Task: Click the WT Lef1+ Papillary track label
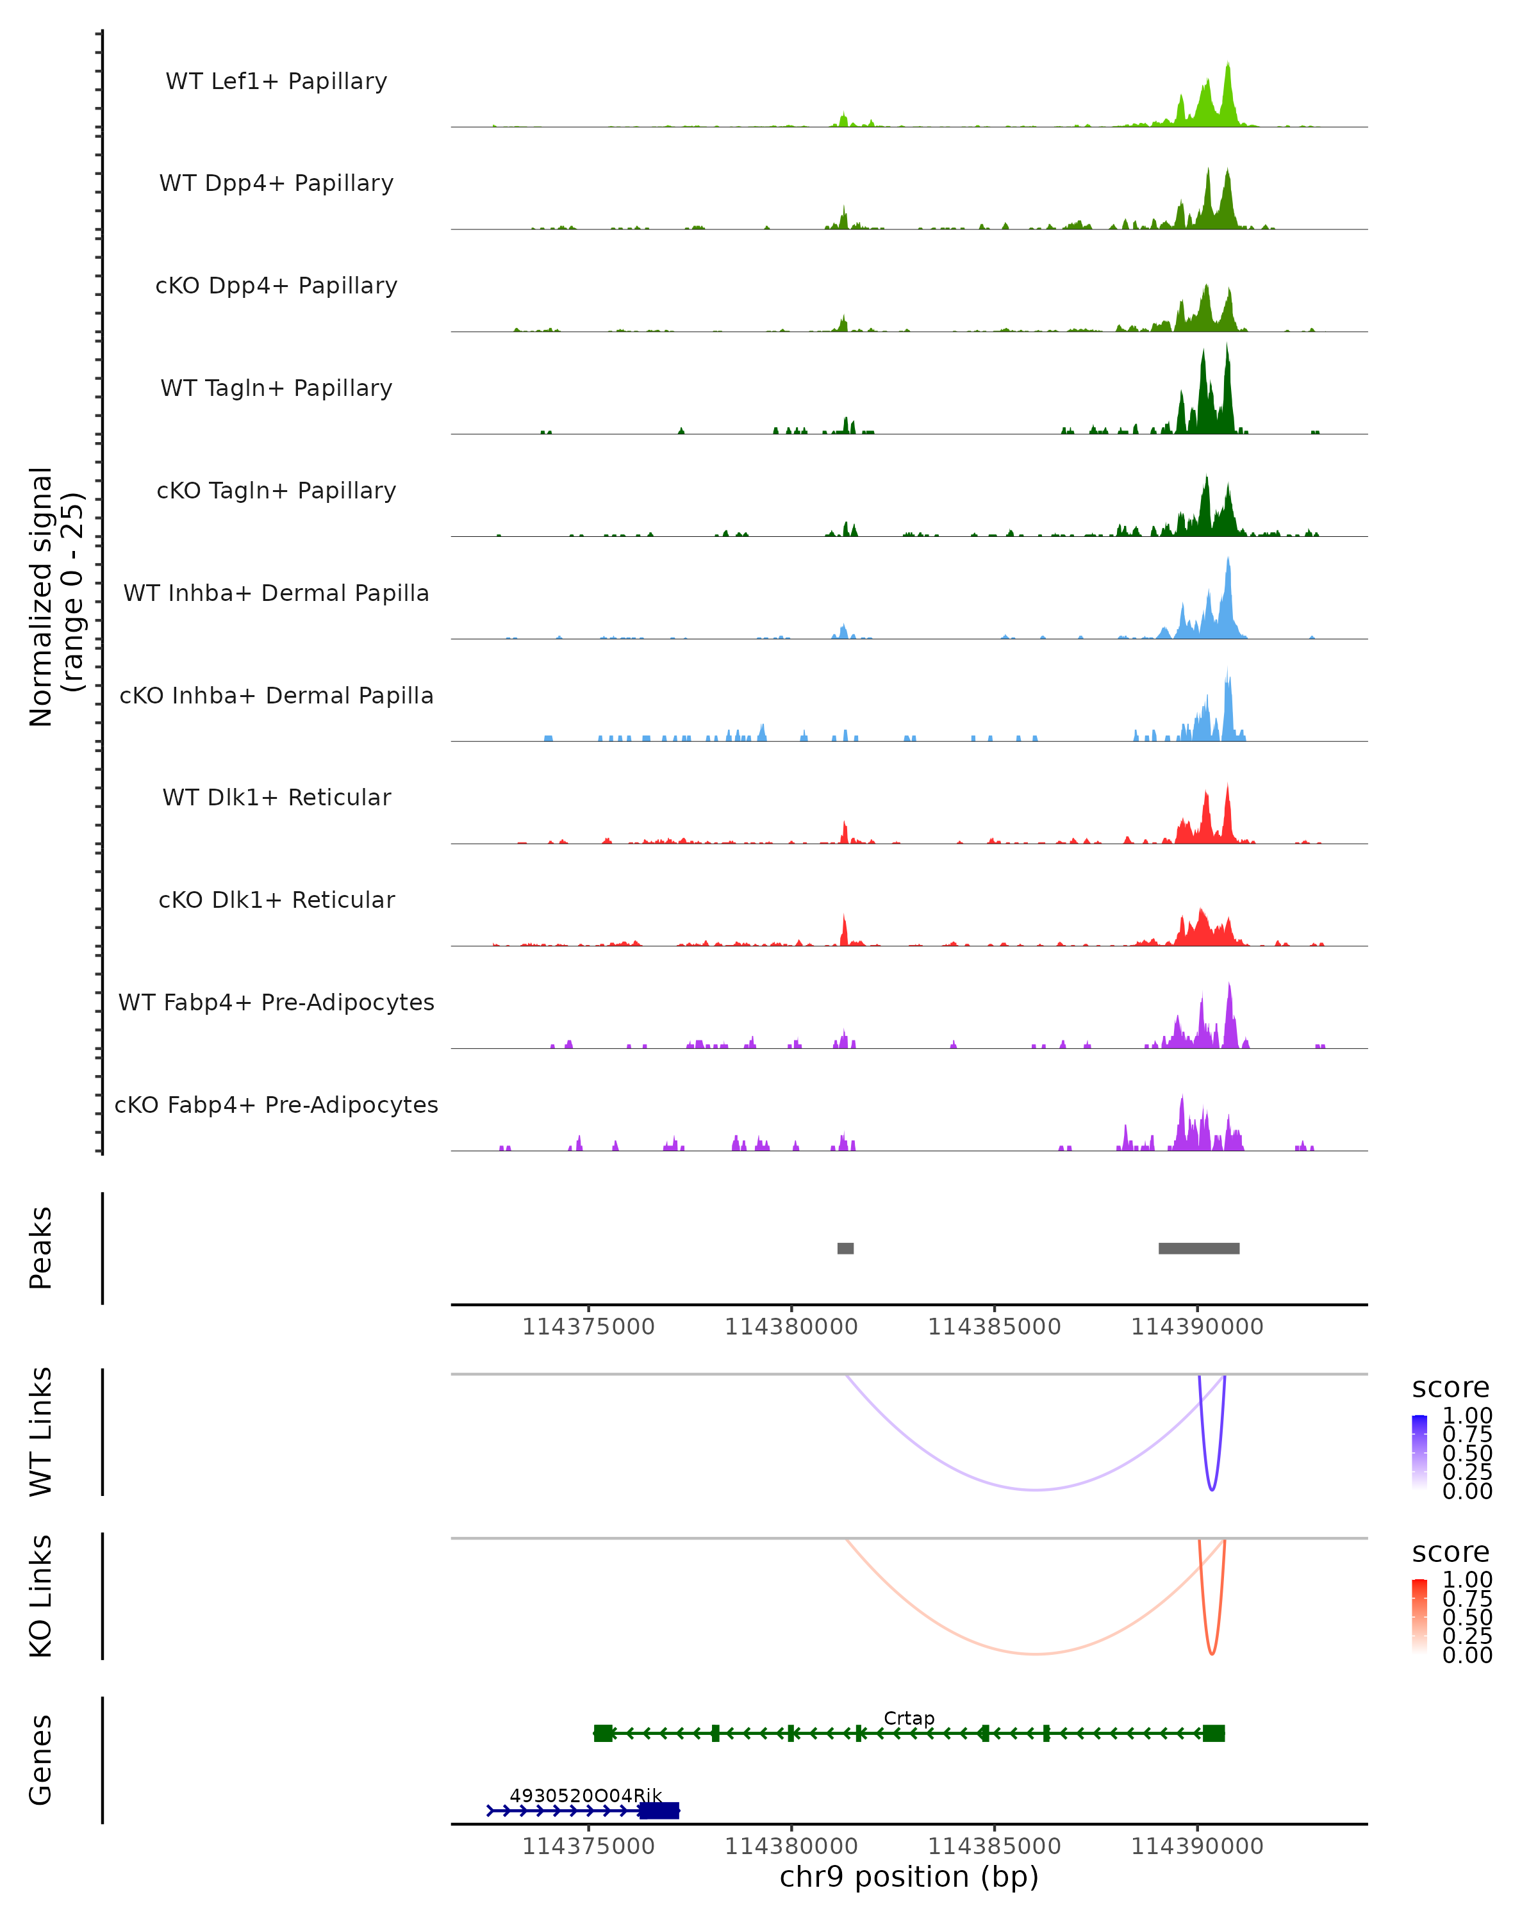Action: click(x=276, y=81)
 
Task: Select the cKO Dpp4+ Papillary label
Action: click(x=276, y=285)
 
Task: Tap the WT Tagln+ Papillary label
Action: click(x=276, y=388)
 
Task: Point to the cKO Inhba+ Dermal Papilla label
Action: click(x=276, y=695)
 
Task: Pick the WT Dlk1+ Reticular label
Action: click(x=276, y=797)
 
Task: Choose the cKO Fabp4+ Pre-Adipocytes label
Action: click(x=276, y=1105)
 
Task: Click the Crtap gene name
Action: click(x=909, y=1718)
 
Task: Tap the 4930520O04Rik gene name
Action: click(x=586, y=1795)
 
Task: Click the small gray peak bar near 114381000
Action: click(x=845, y=1248)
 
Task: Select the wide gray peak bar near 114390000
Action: click(x=1198, y=1248)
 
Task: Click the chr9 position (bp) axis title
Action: click(x=909, y=1877)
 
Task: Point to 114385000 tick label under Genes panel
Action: click(x=994, y=1846)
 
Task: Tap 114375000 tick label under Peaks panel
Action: click(x=588, y=1327)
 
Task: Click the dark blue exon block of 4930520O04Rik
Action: click(x=659, y=1810)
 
